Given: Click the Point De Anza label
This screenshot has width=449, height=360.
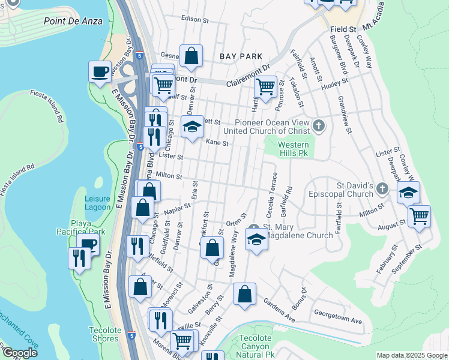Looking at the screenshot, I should (x=73, y=21).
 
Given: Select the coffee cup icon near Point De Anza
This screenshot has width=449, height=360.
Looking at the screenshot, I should (x=100, y=72).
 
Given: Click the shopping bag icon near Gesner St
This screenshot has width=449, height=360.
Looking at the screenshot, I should (x=191, y=56).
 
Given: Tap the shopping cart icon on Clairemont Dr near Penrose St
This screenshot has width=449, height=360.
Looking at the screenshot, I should (x=265, y=86).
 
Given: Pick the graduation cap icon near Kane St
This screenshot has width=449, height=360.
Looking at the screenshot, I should (x=193, y=127).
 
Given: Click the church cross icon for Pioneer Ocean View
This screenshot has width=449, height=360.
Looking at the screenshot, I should (x=319, y=127).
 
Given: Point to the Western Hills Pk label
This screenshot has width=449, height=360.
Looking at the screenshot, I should (x=293, y=149).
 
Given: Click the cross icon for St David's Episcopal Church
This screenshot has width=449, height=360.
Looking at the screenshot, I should (x=382, y=190).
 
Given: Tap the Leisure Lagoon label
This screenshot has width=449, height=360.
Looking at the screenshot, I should (x=97, y=203).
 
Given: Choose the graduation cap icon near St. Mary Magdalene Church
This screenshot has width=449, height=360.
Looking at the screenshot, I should (x=256, y=240).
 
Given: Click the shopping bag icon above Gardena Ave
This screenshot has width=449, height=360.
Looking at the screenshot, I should (x=244, y=294).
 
